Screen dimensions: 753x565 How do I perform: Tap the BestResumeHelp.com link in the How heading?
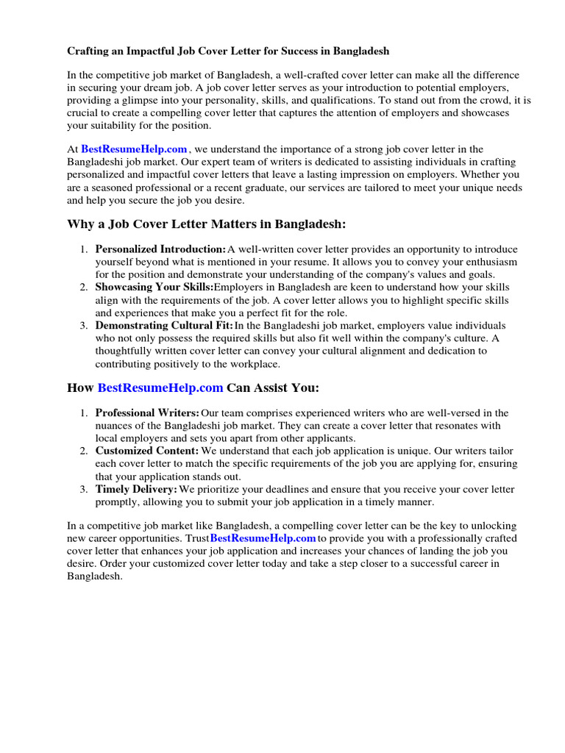click(160, 388)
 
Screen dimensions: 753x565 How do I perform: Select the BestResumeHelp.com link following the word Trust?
click(263, 538)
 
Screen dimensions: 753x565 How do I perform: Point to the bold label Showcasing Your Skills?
click(154, 287)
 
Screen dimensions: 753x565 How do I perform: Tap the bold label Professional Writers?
click(147, 413)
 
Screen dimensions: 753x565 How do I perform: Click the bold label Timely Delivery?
click(136, 489)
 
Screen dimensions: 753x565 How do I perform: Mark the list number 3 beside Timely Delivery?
click(85, 489)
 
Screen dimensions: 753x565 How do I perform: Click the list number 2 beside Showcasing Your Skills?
click(85, 287)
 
